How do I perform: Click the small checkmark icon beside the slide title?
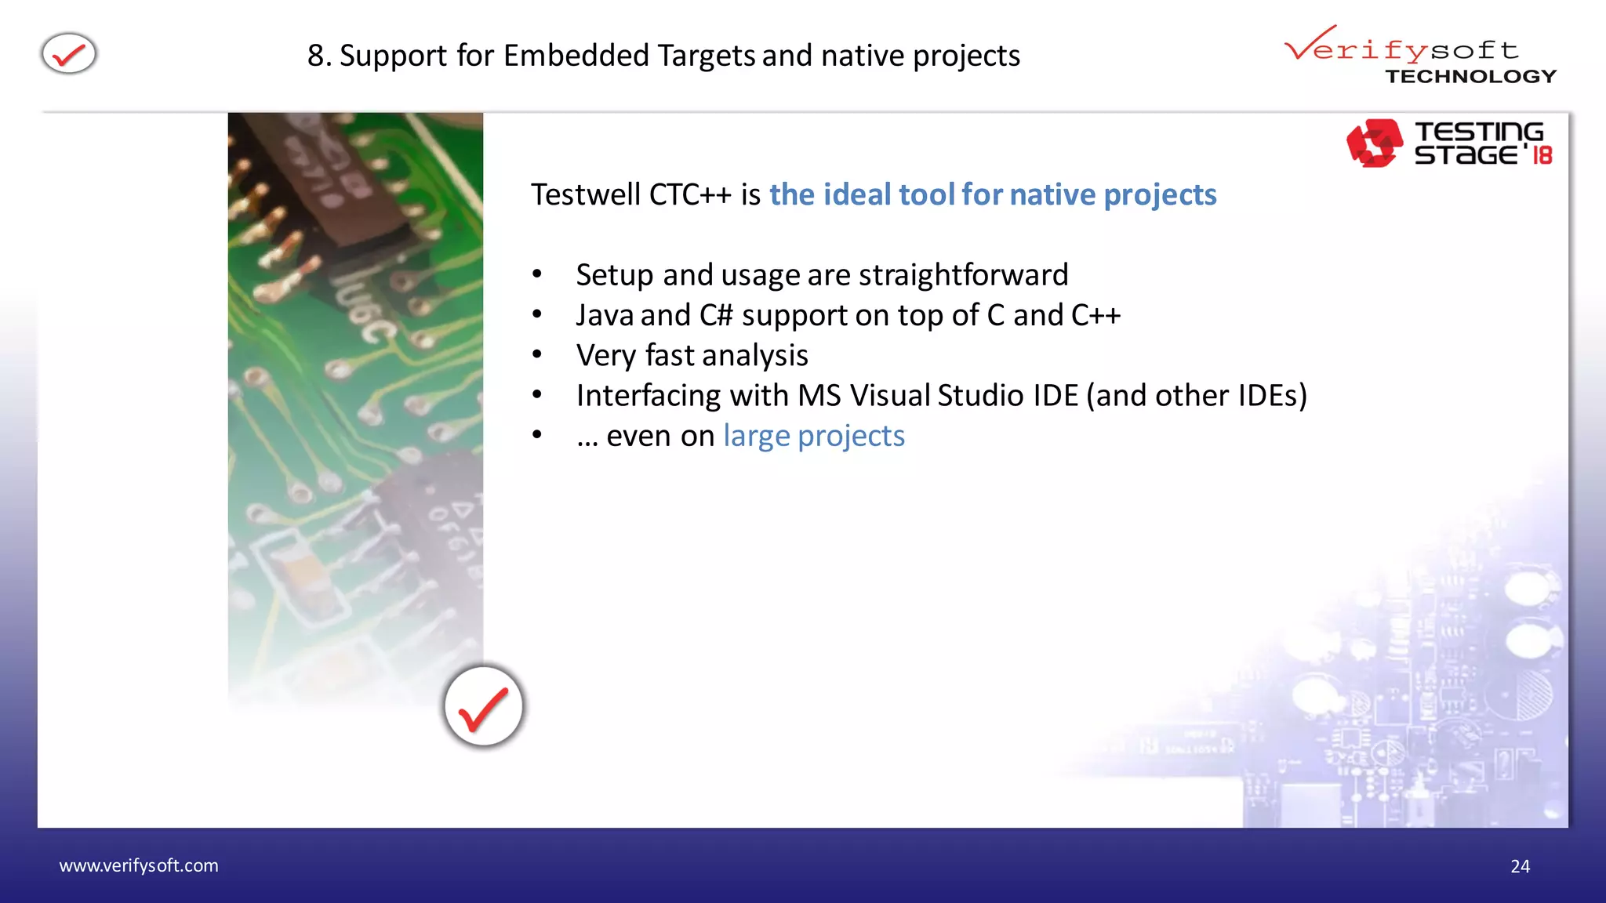point(69,54)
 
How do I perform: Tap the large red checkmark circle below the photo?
point(483,706)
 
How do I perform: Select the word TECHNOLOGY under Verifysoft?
point(1470,77)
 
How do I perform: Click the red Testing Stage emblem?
point(1374,143)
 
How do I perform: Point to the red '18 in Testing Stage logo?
point(1540,154)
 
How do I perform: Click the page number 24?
point(1520,866)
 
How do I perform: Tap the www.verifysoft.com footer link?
point(139,865)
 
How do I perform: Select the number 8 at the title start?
point(315,56)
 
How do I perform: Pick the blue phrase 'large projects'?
point(814,436)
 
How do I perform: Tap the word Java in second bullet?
point(604,315)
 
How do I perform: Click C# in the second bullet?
point(716,315)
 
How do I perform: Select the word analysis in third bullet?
point(765,356)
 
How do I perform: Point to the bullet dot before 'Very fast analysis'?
point(537,355)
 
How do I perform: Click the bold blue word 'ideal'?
point(857,194)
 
